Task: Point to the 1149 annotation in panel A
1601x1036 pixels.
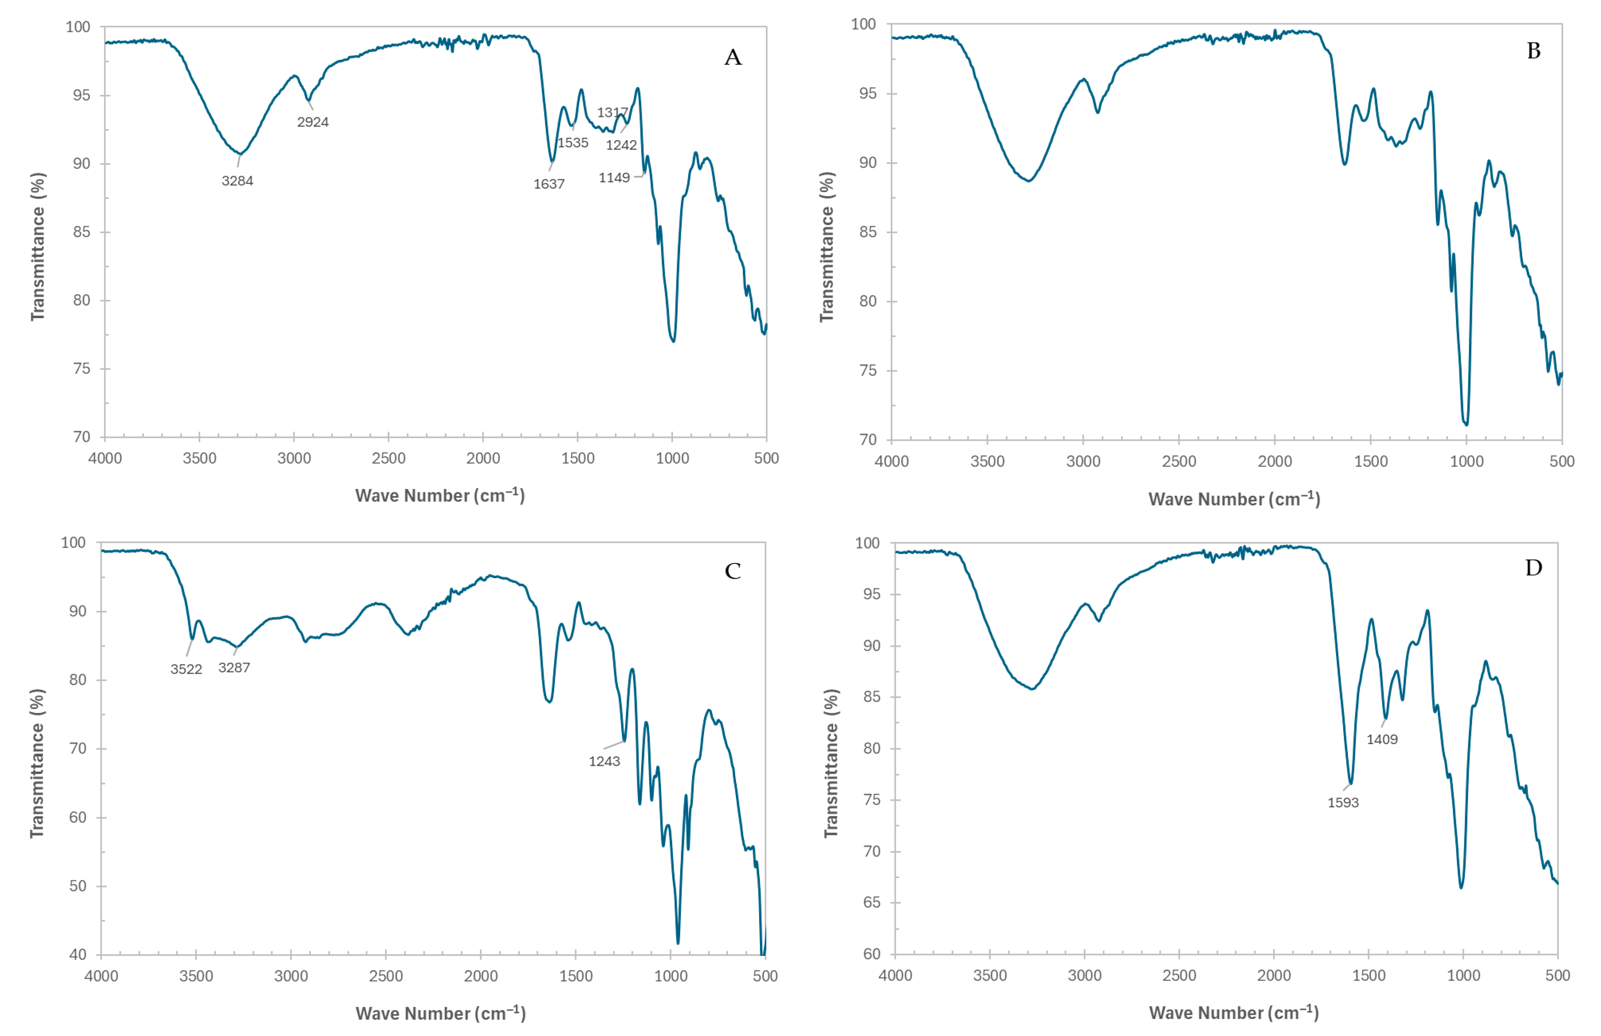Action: click(x=614, y=178)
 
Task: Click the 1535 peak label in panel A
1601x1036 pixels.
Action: click(x=573, y=143)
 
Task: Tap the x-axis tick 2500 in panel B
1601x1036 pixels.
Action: click(x=1179, y=462)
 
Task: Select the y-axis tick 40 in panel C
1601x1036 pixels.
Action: click(x=77, y=955)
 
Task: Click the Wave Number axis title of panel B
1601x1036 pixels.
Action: click(x=1234, y=499)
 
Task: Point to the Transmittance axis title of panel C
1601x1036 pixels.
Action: click(x=38, y=763)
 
